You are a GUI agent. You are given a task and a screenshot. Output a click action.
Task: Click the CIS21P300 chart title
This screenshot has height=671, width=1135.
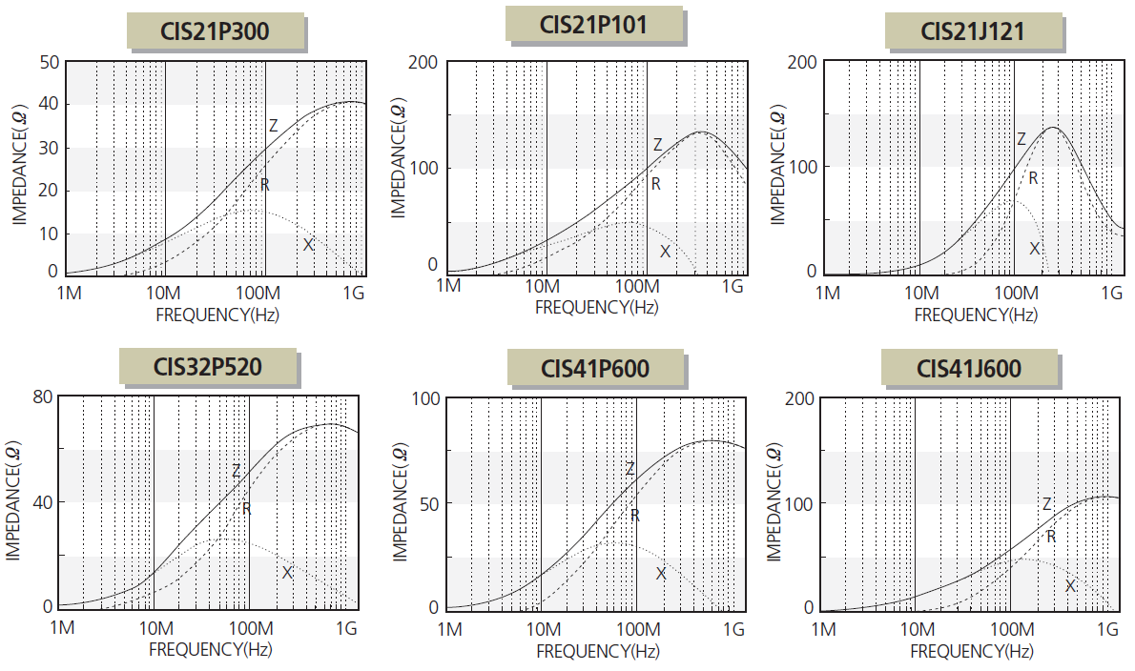tap(216, 31)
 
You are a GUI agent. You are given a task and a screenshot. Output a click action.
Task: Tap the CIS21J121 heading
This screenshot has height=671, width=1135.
tap(972, 31)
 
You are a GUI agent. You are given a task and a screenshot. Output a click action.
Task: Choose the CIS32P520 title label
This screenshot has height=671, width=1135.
tap(208, 366)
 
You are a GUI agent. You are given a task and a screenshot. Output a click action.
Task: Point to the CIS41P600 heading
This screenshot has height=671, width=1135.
tap(595, 366)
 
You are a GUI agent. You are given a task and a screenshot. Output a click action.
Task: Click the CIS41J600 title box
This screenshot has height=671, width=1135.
tap(969, 366)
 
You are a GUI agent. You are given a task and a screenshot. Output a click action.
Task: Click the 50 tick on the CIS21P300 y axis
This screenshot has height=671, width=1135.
tap(48, 62)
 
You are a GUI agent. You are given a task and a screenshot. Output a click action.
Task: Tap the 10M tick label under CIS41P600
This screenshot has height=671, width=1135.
tap(543, 629)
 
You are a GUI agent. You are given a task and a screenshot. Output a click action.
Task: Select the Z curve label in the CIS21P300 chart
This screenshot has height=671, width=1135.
tap(273, 125)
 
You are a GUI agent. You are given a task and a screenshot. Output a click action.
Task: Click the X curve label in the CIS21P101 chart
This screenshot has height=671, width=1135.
tap(665, 251)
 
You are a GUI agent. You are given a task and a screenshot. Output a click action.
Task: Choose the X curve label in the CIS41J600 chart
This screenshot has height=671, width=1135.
tap(1070, 586)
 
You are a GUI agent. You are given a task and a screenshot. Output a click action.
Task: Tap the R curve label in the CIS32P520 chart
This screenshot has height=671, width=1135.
tap(246, 509)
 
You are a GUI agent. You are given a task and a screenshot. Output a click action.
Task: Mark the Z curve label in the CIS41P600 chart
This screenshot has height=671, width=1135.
tap(629, 469)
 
